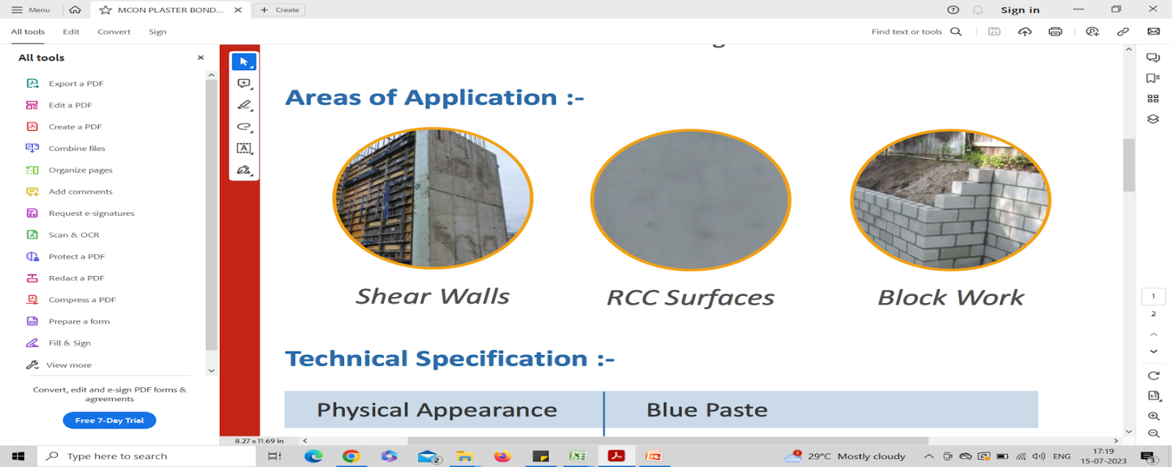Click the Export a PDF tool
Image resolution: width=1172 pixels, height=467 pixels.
pyautogui.click(x=65, y=83)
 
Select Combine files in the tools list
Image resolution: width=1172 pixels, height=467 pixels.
pyautogui.click(x=66, y=148)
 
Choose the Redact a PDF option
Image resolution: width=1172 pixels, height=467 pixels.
pyautogui.click(x=65, y=277)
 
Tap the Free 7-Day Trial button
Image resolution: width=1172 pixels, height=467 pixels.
pyautogui.click(x=109, y=420)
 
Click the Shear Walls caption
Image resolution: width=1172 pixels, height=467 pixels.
pyautogui.click(x=432, y=296)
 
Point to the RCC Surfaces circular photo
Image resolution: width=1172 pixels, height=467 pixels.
pyautogui.click(x=691, y=200)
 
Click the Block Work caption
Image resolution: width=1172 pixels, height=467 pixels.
pyautogui.click(x=951, y=297)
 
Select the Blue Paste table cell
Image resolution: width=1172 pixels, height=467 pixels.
pyautogui.click(x=821, y=409)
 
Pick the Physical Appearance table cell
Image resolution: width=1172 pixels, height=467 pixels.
pyautogui.click(x=444, y=409)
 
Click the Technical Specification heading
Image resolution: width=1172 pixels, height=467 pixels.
pyautogui.click(x=450, y=359)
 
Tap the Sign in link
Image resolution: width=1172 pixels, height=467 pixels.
pyautogui.click(x=1020, y=10)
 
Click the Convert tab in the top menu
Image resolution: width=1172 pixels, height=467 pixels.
pyautogui.click(x=114, y=31)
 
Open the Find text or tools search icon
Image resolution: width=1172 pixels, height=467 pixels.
pyautogui.click(x=956, y=31)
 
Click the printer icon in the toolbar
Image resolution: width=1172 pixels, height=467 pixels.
pyautogui.click(x=1056, y=31)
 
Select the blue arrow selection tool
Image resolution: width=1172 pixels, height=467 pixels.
pyautogui.click(x=244, y=61)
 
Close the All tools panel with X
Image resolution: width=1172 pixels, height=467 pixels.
pyautogui.click(x=201, y=58)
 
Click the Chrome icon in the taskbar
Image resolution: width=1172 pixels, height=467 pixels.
pyautogui.click(x=351, y=456)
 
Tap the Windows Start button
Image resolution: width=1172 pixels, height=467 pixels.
pyautogui.click(x=18, y=456)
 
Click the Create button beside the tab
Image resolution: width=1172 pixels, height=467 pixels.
pyautogui.click(x=279, y=10)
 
